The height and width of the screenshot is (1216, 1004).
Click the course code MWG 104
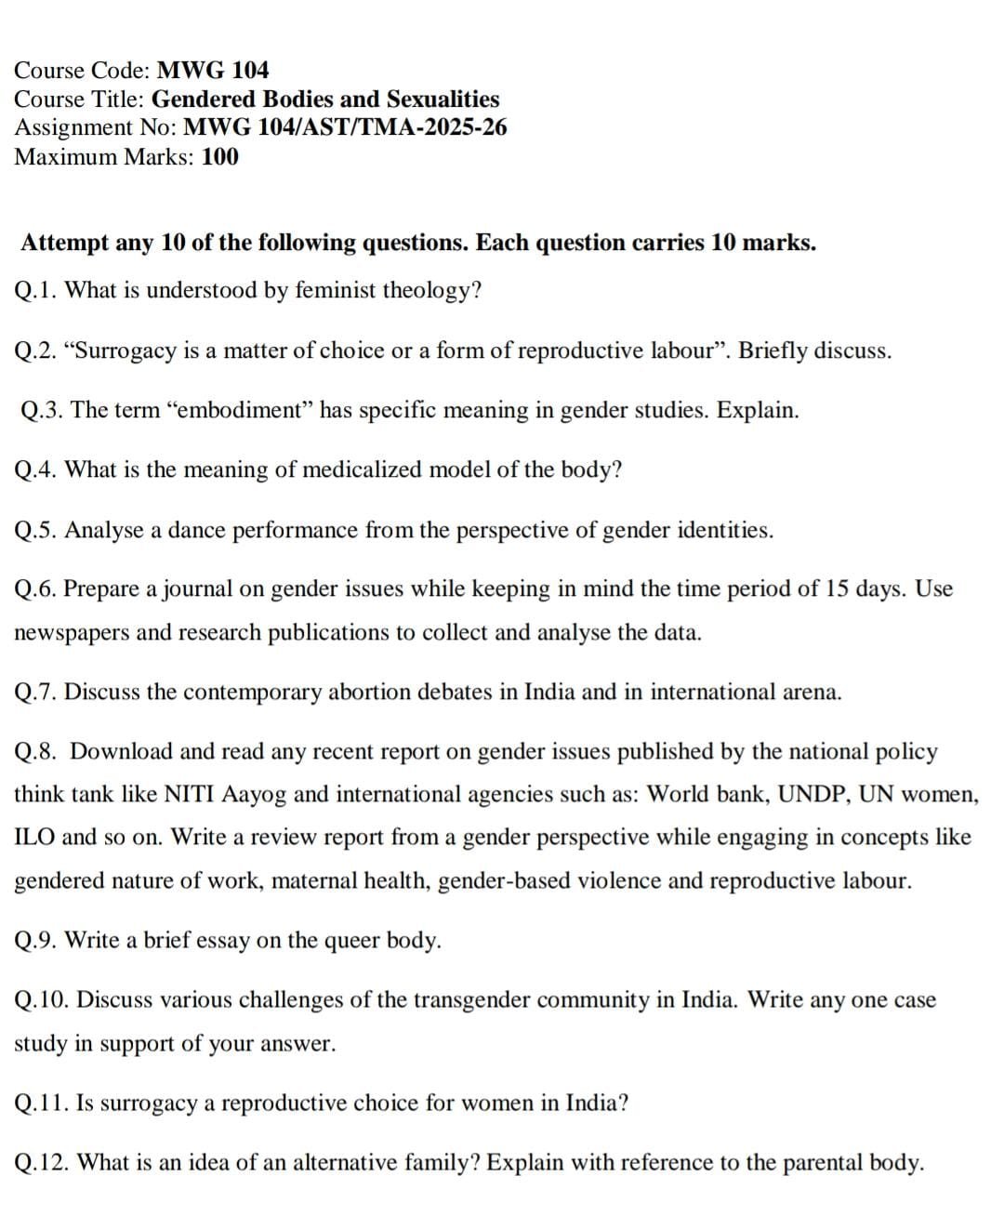pyautogui.click(x=213, y=70)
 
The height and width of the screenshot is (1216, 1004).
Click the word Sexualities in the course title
pyautogui.click(x=443, y=99)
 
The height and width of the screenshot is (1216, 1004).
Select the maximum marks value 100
pyautogui.click(x=219, y=156)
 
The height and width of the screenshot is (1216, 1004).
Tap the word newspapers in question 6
pyautogui.click(x=72, y=632)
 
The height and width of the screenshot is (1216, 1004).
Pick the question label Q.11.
pyautogui.click(x=42, y=1103)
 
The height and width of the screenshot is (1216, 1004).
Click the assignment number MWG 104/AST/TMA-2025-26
pyautogui.click(x=345, y=127)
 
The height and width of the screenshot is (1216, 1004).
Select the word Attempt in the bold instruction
pyautogui.click(x=65, y=243)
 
